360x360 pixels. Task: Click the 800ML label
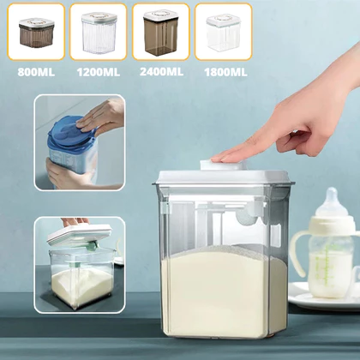point(36,72)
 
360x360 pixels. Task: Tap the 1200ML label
point(99,72)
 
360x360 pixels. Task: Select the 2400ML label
point(161,71)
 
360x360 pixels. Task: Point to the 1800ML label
point(225,72)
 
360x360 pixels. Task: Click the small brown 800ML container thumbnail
point(36,33)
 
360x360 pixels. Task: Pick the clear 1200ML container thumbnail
point(99,33)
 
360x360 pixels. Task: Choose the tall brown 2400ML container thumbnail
point(161,33)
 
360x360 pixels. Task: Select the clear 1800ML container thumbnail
point(223,33)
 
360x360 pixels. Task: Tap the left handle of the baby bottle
point(297,255)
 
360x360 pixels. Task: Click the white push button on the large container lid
point(220,165)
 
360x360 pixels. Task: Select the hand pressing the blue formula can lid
point(100,116)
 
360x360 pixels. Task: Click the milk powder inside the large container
point(222,291)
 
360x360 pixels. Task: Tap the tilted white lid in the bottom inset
point(79,235)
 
